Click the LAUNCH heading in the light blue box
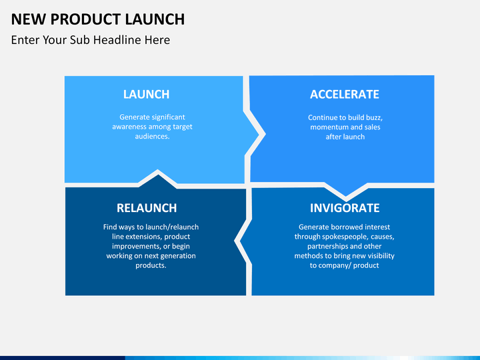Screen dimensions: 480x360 [x=146, y=94]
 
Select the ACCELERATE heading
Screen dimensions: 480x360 [x=345, y=94]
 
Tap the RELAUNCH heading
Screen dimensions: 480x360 [x=147, y=208]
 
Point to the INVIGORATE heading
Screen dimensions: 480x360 [x=345, y=208]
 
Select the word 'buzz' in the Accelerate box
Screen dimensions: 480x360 [x=374, y=117]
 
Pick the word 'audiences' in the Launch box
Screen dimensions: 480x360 [x=153, y=136]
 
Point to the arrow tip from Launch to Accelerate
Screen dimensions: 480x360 [x=259, y=134]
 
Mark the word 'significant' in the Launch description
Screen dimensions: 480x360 [x=169, y=117]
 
